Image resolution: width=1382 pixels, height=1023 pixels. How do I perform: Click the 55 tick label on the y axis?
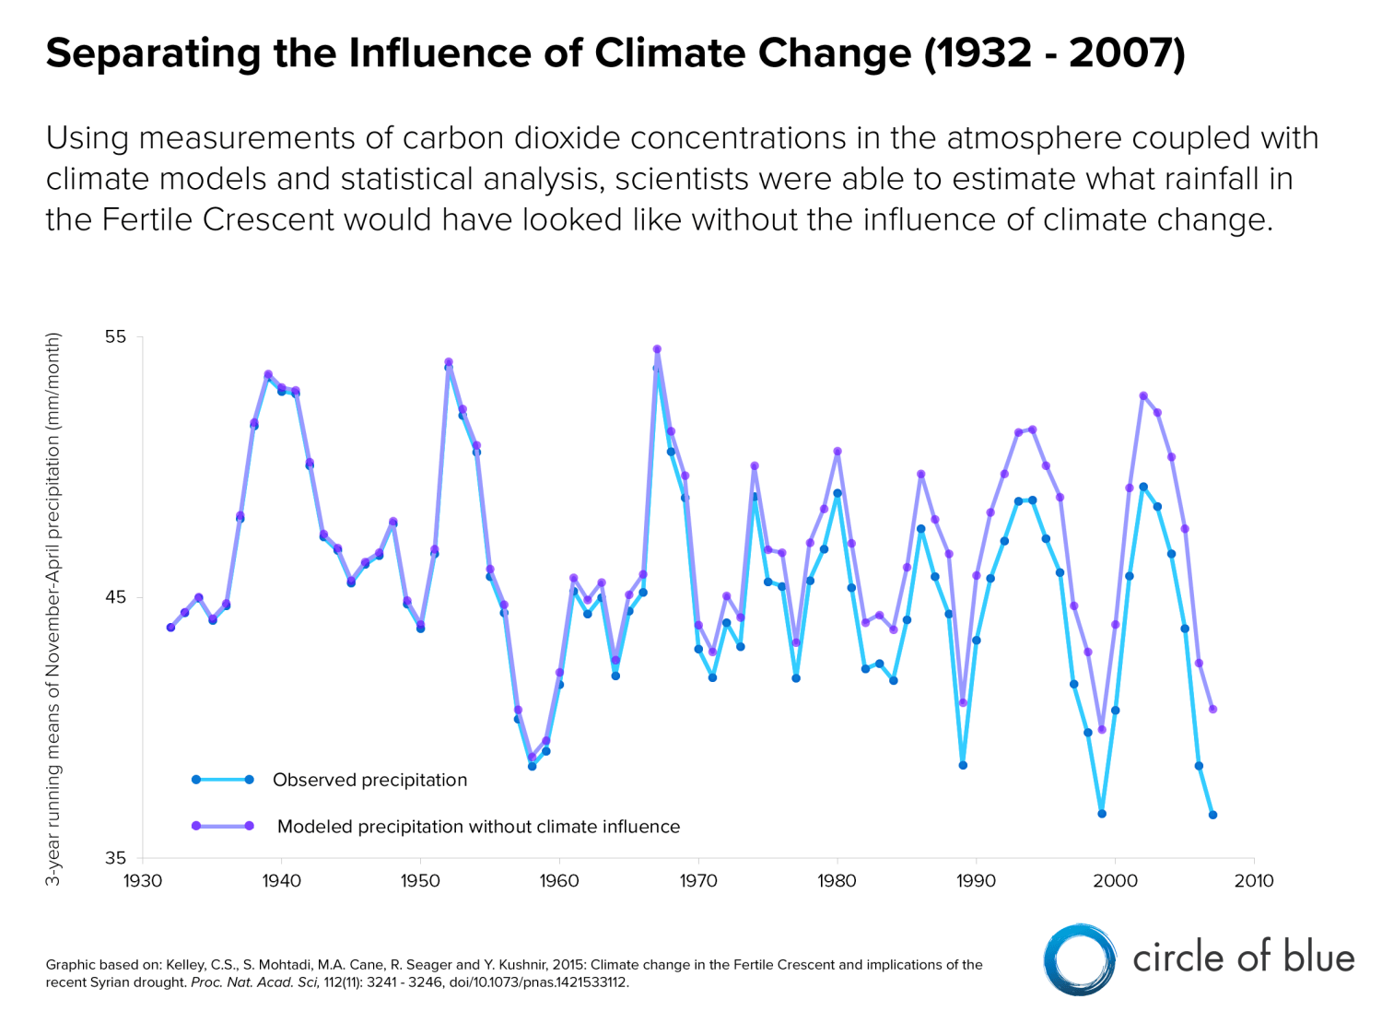(x=115, y=336)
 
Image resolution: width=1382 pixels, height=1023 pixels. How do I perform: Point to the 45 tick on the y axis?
(x=115, y=597)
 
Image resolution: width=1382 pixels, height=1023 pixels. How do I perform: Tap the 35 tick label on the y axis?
(x=115, y=858)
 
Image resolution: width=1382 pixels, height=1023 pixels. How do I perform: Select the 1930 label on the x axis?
(x=143, y=881)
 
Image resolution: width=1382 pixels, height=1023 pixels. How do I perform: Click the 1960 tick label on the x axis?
(x=559, y=881)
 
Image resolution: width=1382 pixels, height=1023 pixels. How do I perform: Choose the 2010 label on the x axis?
(x=1254, y=881)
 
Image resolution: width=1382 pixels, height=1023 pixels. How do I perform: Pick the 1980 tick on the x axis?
(x=837, y=881)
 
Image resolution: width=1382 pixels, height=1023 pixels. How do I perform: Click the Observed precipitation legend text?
(x=369, y=780)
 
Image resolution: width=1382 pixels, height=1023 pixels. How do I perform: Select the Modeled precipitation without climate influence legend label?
(x=478, y=827)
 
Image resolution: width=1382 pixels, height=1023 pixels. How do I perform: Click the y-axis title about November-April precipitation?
(x=53, y=608)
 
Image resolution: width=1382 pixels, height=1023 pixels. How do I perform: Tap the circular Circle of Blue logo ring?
(x=1080, y=959)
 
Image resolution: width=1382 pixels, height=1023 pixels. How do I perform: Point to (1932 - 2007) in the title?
(x=1054, y=53)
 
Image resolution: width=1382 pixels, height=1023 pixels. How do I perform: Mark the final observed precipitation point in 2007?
(x=1212, y=815)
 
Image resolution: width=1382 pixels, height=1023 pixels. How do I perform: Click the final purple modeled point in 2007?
(x=1212, y=709)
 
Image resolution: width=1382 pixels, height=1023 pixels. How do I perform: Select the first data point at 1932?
(x=170, y=628)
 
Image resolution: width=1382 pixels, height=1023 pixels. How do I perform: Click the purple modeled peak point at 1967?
(x=657, y=349)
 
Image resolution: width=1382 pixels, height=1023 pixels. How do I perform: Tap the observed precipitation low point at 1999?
(x=1102, y=814)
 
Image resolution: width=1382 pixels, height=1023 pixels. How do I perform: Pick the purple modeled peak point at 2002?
(x=1143, y=396)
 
